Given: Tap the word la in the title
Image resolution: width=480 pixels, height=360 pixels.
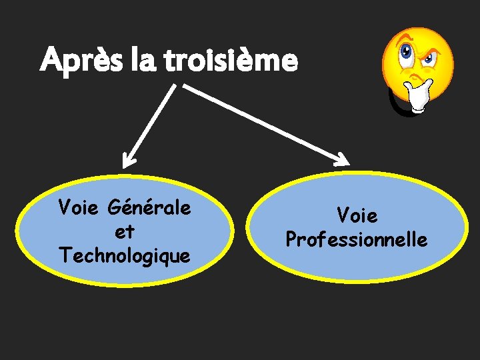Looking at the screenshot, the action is pos(137,61).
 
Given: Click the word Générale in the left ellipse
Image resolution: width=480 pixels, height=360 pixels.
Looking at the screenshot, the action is pos(152,208).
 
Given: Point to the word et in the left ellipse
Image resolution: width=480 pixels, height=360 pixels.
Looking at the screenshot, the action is pos(125,232).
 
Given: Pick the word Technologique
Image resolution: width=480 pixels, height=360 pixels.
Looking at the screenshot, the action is pos(125,255).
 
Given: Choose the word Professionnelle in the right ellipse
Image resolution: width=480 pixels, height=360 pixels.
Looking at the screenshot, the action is pos(357,239).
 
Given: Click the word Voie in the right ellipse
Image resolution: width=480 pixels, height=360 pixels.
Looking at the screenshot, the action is pos(357,216).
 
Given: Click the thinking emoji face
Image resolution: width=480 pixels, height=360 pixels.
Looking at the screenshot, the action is pos(417,63).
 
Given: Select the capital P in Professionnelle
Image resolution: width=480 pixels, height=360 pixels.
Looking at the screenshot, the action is pos(291,239).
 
